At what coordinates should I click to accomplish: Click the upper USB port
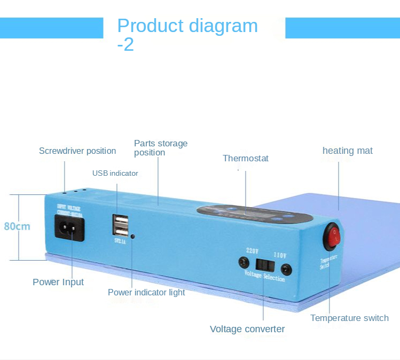point(121,221)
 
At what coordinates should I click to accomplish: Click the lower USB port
point(121,231)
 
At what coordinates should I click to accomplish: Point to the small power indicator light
point(132,236)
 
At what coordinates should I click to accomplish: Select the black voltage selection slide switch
point(263,264)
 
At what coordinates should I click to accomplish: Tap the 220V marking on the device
point(252,249)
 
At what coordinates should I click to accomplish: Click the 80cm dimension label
point(17,226)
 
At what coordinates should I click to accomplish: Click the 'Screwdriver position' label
point(77,151)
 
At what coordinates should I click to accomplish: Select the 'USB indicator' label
point(115,173)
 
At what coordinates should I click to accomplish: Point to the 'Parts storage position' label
point(160,148)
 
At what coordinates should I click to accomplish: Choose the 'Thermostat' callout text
point(245,158)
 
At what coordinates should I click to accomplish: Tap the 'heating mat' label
point(347,151)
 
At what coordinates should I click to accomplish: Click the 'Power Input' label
point(58,282)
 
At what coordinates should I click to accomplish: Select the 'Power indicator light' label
point(146,292)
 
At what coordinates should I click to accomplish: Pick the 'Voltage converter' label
point(247,329)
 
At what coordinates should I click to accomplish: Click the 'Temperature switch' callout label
point(349,318)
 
